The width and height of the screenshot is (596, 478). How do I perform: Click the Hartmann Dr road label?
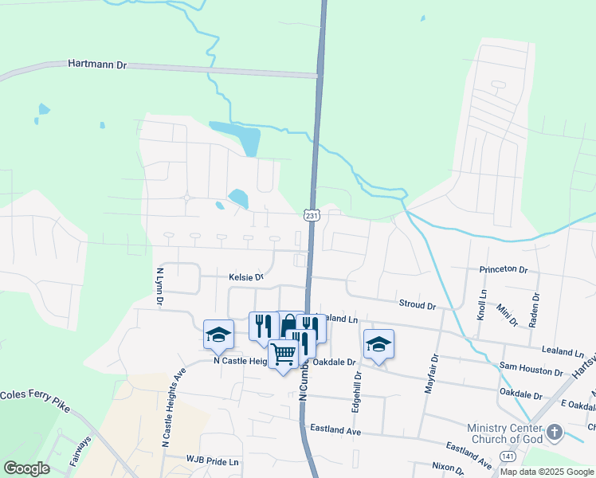pos(98,63)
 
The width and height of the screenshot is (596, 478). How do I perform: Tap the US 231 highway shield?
pos(312,215)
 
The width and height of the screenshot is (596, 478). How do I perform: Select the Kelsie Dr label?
pos(246,277)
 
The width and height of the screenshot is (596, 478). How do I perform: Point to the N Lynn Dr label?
pos(159,285)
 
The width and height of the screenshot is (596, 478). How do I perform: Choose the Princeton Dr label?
pos(504,270)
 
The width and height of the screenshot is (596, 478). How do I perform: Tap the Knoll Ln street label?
pos(482,304)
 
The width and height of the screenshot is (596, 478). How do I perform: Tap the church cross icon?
pos(555,433)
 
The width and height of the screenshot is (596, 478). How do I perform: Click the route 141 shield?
pos(508,455)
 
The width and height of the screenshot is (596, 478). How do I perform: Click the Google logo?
pos(26,468)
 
